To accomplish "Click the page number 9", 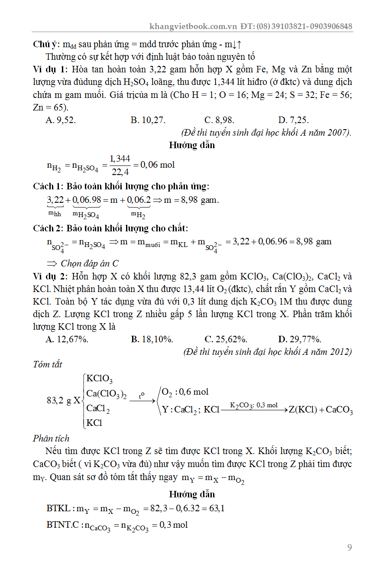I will pyautogui.click(x=349, y=548).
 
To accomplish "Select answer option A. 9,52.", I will pyautogui.click(x=61, y=120).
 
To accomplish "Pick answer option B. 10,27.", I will pyautogui.click(x=148, y=120).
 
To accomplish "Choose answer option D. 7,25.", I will pyautogui.click(x=294, y=120).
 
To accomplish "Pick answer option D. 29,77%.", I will pyautogui.click(x=300, y=339).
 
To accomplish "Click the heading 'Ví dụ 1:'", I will pyautogui.click(x=51, y=69).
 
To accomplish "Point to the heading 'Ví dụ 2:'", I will pyautogui.click(x=51, y=276).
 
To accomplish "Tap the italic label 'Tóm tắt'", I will pyautogui.click(x=48, y=364).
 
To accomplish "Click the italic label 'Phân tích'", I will pyautogui.click(x=51, y=438).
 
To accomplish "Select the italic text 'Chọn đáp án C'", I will pyautogui.click(x=89, y=263).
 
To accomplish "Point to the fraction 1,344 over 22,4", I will pyautogui.click(x=120, y=165).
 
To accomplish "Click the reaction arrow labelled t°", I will pyautogui.click(x=142, y=399).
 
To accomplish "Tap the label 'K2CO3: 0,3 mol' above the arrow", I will pyautogui.click(x=254, y=405).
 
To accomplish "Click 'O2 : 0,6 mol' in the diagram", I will pyautogui.click(x=185, y=392).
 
